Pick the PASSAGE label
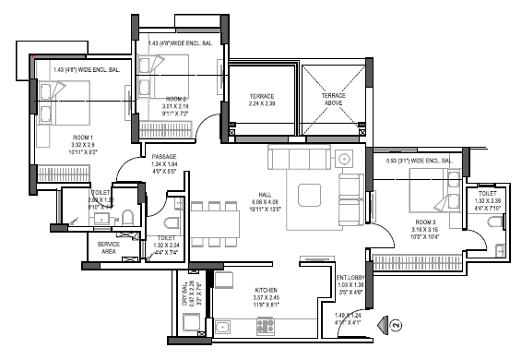coord(163,157)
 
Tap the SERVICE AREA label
coord(109,247)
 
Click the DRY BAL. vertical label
coord(184,293)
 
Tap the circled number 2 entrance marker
coord(396,325)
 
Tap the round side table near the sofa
coord(347,158)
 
